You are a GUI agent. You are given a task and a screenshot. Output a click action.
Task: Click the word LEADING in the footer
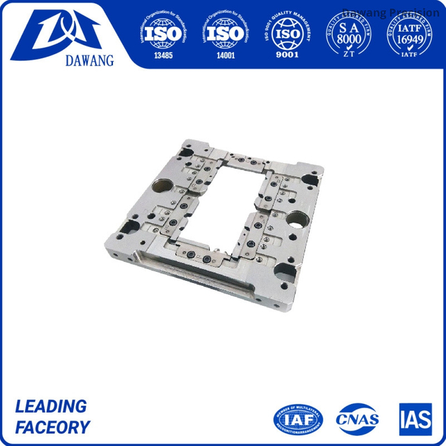51,406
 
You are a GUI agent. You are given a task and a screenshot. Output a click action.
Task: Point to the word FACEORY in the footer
53,427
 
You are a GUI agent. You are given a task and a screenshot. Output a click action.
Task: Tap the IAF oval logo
298,418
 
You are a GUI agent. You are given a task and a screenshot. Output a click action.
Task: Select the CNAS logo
357,419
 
